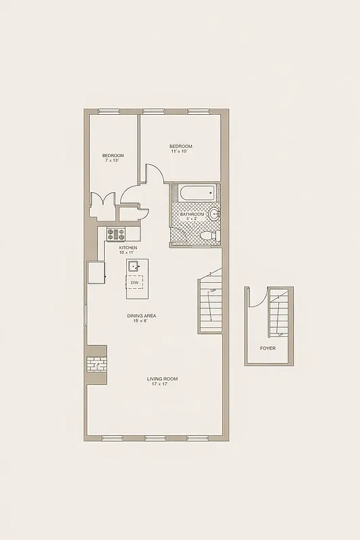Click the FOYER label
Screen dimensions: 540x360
click(267, 348)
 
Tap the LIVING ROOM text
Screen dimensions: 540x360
click(162, 379)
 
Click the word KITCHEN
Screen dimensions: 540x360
click(128, 248)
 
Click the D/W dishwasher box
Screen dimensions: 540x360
click(135, 282)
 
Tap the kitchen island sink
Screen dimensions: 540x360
click(135, 265)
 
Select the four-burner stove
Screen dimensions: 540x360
click(117, 234)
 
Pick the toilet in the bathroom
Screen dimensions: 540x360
click(209, 236)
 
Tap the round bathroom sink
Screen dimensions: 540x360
click(214, 215)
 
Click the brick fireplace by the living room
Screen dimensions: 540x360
click(97, 364)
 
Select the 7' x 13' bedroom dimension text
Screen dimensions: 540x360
click(113, 161)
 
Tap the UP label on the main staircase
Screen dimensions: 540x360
click(213, 291)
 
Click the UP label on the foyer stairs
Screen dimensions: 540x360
click(280, 333)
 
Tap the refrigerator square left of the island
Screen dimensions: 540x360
click(95, 273)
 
